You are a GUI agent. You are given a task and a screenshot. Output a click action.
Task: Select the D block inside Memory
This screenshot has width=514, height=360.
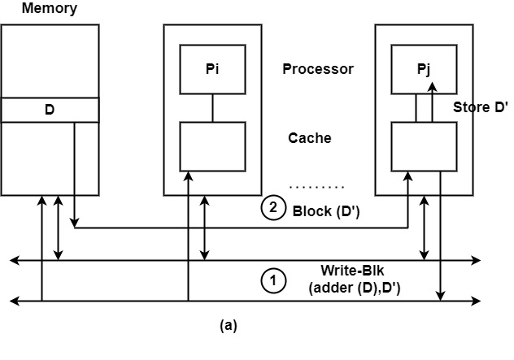point(50,108)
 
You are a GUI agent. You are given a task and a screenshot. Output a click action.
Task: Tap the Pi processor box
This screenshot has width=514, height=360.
point(212,69)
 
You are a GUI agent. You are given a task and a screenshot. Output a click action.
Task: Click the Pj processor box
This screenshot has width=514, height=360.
point(424,69)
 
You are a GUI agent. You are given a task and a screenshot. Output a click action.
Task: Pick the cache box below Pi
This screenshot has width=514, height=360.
point(212,146)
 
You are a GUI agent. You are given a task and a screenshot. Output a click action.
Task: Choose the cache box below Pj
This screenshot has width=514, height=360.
point(424,146)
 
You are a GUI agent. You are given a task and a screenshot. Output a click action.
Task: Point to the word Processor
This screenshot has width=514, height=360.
point(318,69)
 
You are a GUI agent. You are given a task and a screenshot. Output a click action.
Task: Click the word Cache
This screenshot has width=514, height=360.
point(310,137)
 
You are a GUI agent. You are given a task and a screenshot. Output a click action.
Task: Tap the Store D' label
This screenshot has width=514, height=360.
point(478,107)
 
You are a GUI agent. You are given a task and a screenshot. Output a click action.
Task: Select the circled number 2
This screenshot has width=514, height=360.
point(273,208)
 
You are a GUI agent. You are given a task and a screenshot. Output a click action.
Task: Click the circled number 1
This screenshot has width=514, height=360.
point(273,281)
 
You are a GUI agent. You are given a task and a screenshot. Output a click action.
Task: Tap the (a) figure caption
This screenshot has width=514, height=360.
point(229,325)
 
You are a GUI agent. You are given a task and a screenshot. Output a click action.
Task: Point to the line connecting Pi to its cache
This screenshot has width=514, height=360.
point(212,107)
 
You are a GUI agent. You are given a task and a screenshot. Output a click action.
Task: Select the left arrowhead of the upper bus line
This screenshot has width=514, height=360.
point(13,261)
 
